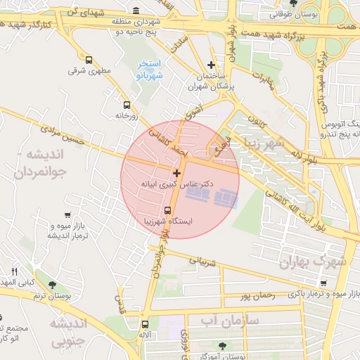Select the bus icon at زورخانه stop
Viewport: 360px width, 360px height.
pyautogui.click(x=127, y=105)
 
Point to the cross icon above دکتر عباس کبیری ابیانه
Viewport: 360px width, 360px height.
pyautogui.click(x=176, y=172)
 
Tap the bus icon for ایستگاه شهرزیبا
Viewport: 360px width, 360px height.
pyautogui.click(x=167, y=210)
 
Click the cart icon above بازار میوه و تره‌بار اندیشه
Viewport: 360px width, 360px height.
pyautogui.click(x=67, y=215)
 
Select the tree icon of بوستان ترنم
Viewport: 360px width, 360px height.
pyautogui.click(x=52, y=284)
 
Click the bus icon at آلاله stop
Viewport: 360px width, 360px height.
pyautogui.click(x=146, y=324)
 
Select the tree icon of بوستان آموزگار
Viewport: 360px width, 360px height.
pyautogui.click(x=223, y=345)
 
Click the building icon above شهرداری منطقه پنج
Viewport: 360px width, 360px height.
pyautogui.click(x=136, y=11)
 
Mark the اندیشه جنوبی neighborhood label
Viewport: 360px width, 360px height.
pyautogui.click(x=67, y=331)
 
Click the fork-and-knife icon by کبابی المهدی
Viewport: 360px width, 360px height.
pyautogui.click(x=15, y=271)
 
